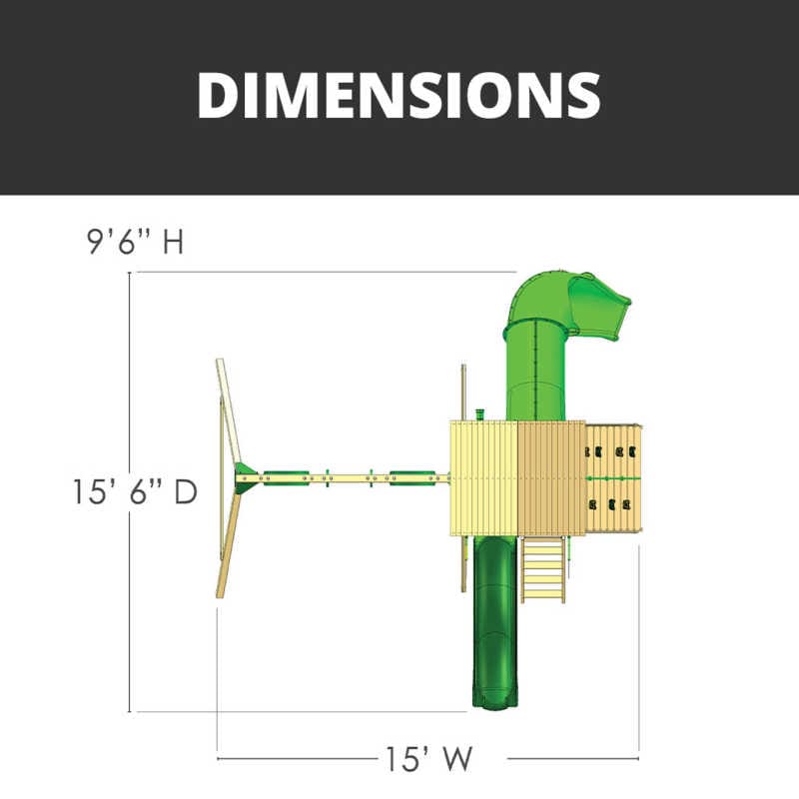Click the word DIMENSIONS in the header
pyautogui.click(x=399, y=95)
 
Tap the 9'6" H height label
pyautogui.click(x=135, y=242)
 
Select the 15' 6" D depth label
pyautogui.click(x=135, y=491)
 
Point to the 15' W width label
pyautogui.click(x=428, y=759)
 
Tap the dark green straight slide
pyautogui.click(x=494, y=621)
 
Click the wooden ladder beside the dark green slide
pyautogui.click(x=543, y=569)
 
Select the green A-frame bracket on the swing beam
pyautogui.click(x=246, y=478)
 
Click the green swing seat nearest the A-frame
pyautogui.click(x=286, y=478)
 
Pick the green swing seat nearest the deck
pyautogui.click(x=412, y=478)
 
